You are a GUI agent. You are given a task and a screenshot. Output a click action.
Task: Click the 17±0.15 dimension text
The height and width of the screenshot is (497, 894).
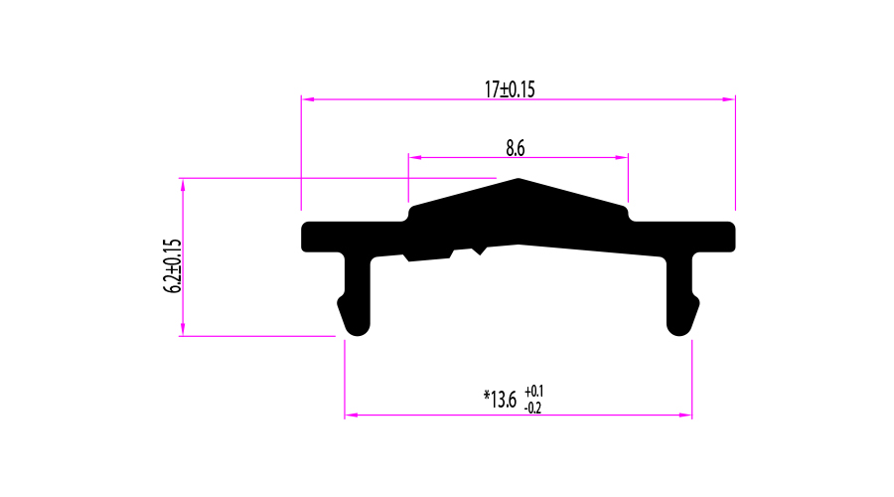[x=510, y=89]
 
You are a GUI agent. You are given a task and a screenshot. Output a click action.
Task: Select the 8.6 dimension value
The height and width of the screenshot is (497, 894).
[x=516, y=148]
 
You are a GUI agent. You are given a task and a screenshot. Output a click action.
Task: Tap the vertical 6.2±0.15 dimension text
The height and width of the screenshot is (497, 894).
[x=172, y=266]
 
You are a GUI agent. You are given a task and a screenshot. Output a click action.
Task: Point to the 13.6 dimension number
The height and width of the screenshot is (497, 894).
[x=504, y=400]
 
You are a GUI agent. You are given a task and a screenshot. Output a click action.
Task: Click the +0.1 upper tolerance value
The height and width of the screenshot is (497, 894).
[x=534, y=392]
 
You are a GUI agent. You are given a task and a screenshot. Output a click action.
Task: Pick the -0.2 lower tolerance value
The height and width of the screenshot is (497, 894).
[x=532, y=408]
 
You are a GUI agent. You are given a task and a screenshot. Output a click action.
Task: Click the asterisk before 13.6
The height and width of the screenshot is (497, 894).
[x=487, y=395]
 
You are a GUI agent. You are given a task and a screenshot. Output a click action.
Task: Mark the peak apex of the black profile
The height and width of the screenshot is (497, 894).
[x=519, y=179]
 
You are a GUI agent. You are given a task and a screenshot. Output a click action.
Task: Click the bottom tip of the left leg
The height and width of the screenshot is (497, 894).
[x=358, y=336]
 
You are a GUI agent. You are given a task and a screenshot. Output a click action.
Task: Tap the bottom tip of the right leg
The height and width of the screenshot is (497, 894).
[x=678, y=336]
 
